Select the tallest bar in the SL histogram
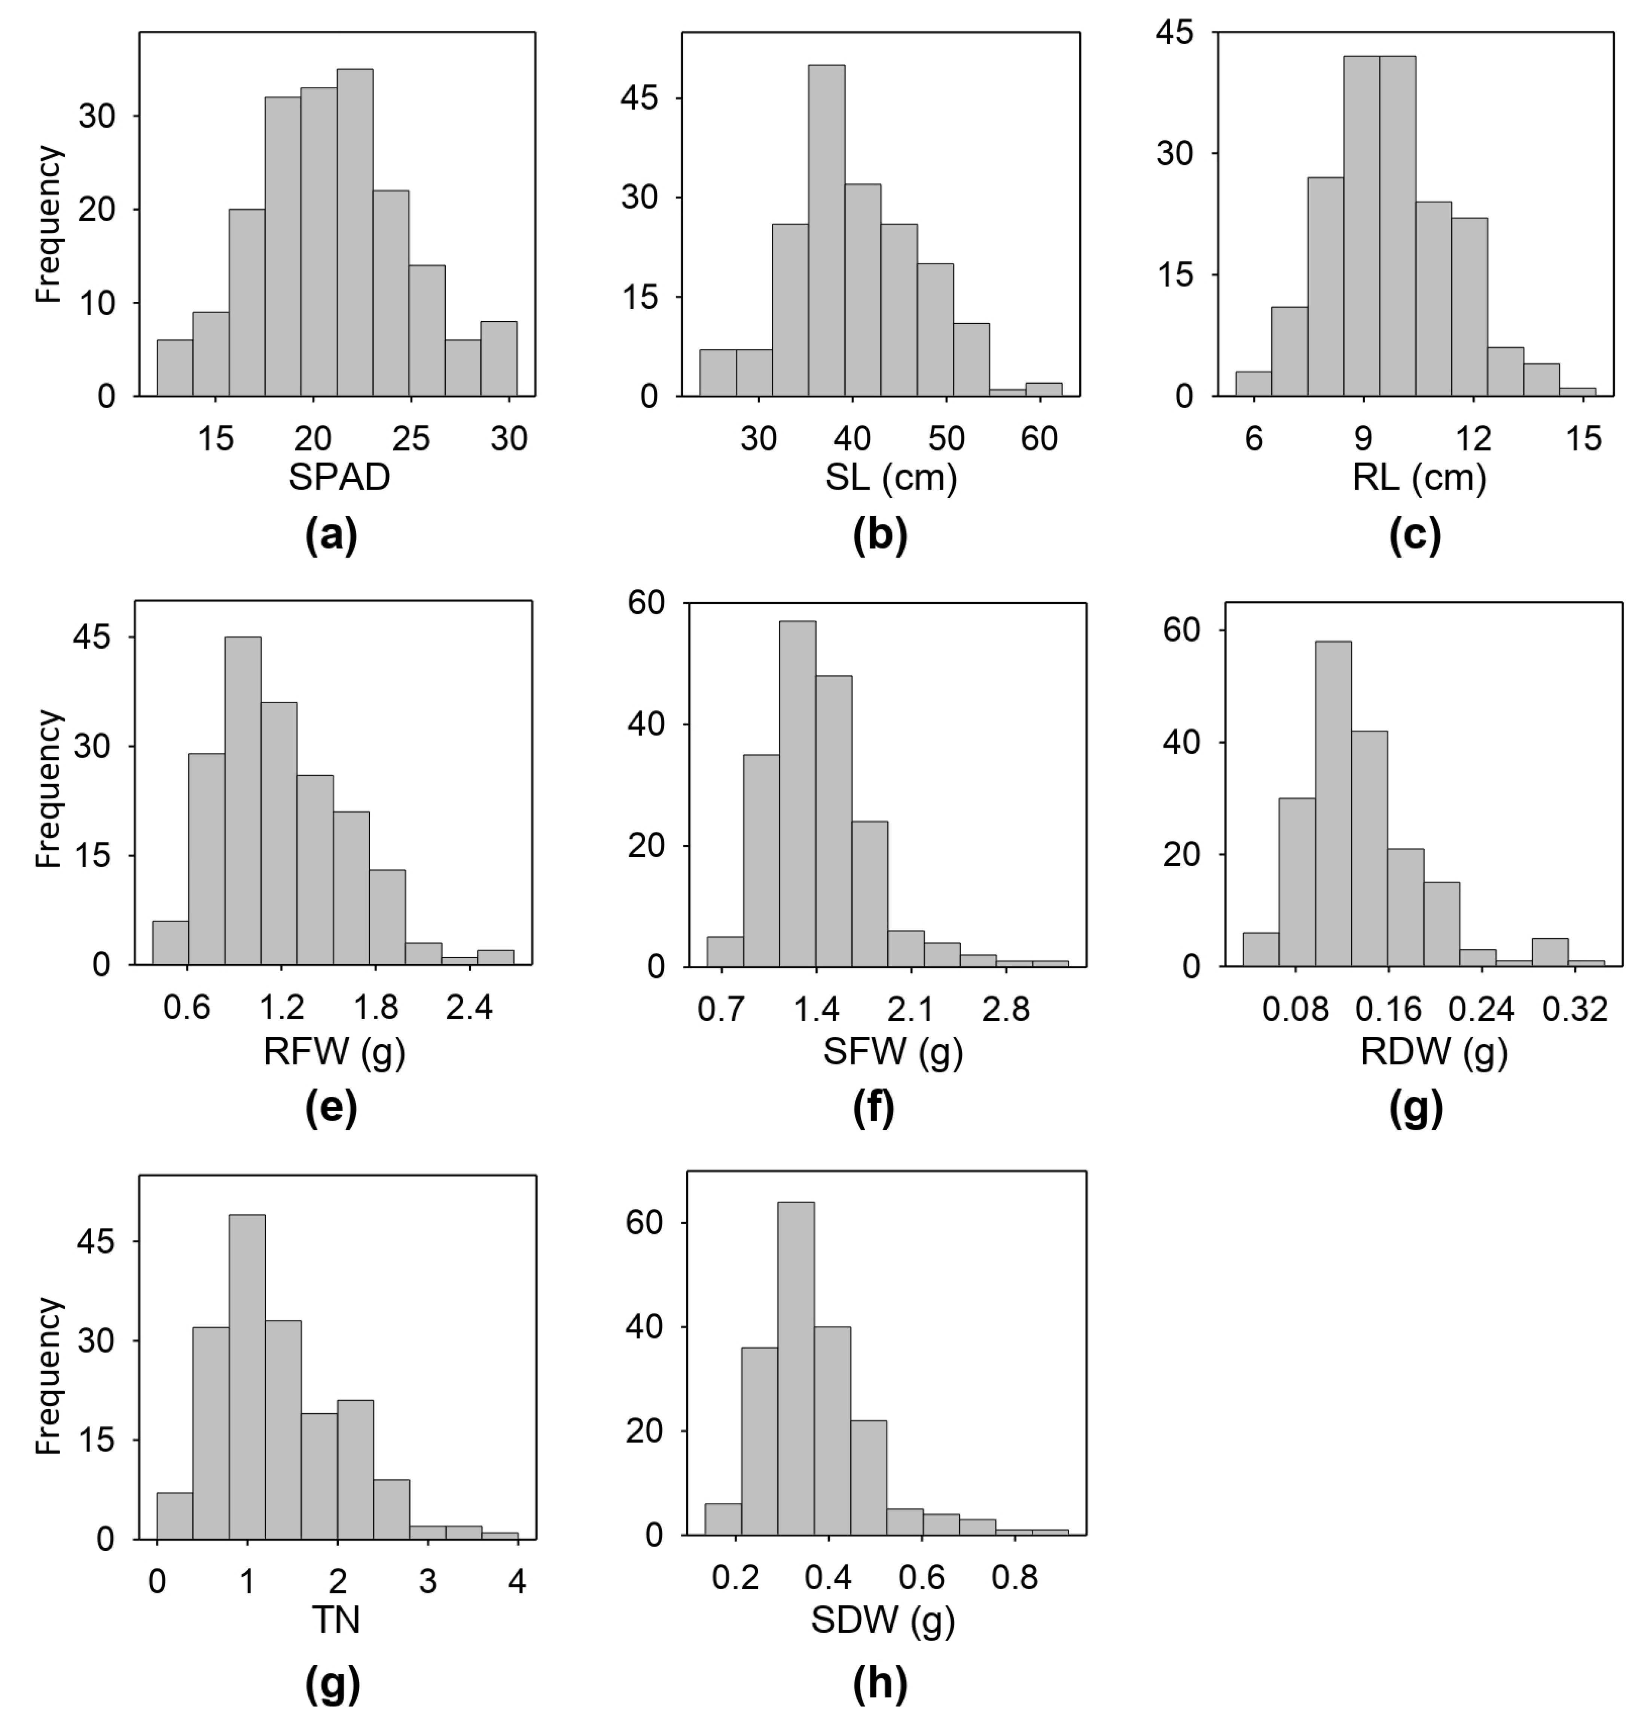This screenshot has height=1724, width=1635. coord(826,231)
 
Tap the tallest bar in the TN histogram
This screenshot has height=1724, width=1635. coord(247,1377)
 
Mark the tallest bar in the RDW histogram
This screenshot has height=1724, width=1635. coord(1333,804)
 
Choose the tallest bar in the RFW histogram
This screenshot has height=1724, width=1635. coord(243,800)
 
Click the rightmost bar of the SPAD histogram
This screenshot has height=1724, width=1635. coord(498,359)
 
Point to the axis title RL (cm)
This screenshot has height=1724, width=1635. coord(1419,478)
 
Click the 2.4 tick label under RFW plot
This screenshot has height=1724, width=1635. coord(469,1008)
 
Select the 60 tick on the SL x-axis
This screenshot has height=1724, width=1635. coord(1040,438)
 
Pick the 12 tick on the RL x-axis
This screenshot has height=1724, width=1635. coord(1474,438)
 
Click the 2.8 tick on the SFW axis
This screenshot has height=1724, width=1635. coord(1006,1008)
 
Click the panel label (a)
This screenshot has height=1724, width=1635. coord(332,535)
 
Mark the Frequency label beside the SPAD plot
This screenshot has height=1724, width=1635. coord(49,224)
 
